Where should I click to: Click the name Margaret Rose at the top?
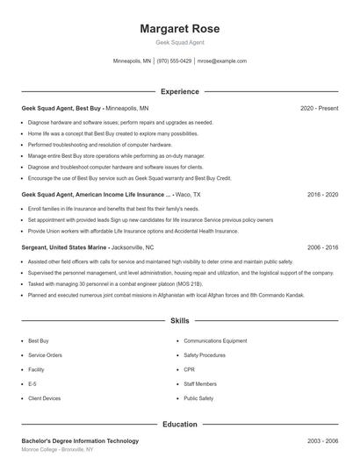click(x=179, y=29)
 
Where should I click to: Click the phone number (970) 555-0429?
click(x=174, y=61)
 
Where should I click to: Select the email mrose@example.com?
click(x=221, y=61)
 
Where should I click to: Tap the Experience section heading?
click(x=179, y=91)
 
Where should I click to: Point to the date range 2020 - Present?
click(x=319, y=108)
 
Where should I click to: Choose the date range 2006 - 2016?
click(x=322, y=248)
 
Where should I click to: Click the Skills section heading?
click(x=179, y=322)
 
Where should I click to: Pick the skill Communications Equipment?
click(x=215, y=340)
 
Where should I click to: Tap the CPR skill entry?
click(x=189, y=369)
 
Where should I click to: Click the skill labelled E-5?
click(x=32, y=383)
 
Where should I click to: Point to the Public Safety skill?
click(x=198, y=398)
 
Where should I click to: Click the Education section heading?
click(x=179, y=425)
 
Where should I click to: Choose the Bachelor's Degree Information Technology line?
click(x=80, y=440)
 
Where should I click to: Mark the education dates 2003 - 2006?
click(x=322, y=440)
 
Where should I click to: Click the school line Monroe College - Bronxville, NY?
click(x=58, y=449)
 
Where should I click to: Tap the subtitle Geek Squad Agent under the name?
click(x=179, y=42)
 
